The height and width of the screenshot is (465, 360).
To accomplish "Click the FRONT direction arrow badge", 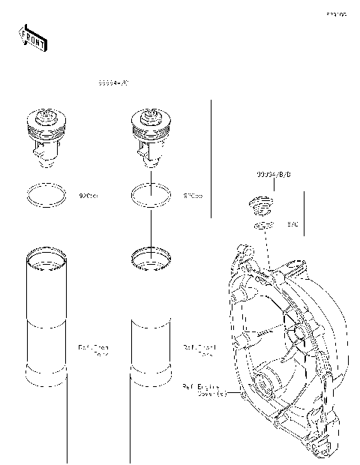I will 32,37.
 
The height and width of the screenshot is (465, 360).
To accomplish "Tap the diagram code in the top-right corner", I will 335,14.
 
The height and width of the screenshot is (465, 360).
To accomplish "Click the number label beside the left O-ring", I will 88,196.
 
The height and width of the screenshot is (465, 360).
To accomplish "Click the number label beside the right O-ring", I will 193,196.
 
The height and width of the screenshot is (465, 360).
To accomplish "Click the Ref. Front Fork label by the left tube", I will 94,350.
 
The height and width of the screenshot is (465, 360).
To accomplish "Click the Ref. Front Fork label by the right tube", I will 199,350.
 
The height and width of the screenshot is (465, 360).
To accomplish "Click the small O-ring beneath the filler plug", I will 262,225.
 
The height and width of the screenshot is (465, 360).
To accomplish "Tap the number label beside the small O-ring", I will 293,224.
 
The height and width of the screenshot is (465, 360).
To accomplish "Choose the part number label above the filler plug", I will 274,174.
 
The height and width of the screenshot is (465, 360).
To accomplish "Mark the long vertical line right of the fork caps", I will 211,157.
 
